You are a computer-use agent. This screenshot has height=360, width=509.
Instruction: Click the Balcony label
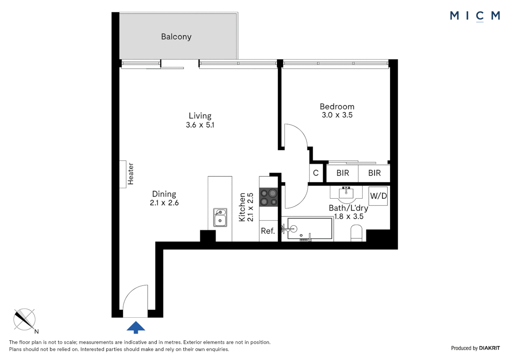(x=176, y=37)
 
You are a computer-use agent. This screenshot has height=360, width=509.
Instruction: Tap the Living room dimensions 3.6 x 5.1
(x=200, y=125)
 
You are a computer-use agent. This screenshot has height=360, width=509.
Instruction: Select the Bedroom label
(x=337, y=107)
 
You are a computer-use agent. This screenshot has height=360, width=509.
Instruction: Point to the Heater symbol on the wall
(x=123, y=174)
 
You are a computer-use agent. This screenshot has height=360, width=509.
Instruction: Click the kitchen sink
(x=220, y=217)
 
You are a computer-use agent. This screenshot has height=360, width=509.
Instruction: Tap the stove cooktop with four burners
(x=268, y=197)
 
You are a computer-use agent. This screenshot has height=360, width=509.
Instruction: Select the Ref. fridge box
(x=268, y=231)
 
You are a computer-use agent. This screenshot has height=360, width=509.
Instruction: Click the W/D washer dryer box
(x=378, y=196)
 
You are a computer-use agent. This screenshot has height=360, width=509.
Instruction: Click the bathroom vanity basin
(x=346, y=193)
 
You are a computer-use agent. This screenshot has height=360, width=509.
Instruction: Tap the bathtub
(x=310, y=229)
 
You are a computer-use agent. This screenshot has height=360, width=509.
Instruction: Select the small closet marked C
(x=316, y=173)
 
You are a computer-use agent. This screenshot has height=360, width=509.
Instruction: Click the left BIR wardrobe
(x=342, y=173)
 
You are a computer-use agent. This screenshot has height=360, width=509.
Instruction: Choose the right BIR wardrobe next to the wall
(x=374, y=173)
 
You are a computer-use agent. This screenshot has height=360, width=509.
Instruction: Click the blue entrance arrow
(x=136, y=327)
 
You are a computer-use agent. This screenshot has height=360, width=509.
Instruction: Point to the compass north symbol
(x=25, y=319)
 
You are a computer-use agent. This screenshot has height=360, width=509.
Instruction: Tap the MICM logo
(x=475, y=16)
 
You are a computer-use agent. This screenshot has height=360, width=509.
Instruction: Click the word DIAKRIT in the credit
(x=489, y=348)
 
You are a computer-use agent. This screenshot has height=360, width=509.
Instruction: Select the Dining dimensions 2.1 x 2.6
(x=164, y=203)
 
